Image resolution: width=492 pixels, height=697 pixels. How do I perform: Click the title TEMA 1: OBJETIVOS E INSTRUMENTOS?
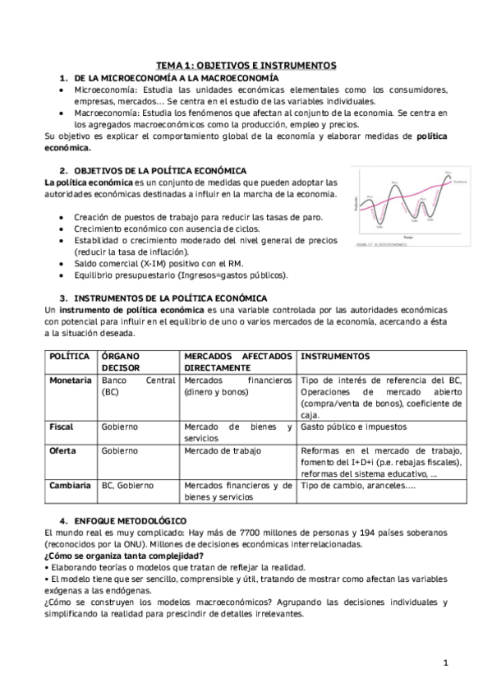pyautogui.click(x=246, y=65)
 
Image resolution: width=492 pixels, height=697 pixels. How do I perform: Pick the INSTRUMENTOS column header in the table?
pyautogui.click(x=335, y=356)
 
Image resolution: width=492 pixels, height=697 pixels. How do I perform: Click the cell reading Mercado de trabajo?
pyautogui.click(x=219, y=451)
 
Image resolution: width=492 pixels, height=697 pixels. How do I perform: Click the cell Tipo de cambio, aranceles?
pyautogui.click(x=357, y=486)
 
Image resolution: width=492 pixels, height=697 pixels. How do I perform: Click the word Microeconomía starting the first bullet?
pyautogui.click(x=103, y=89)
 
